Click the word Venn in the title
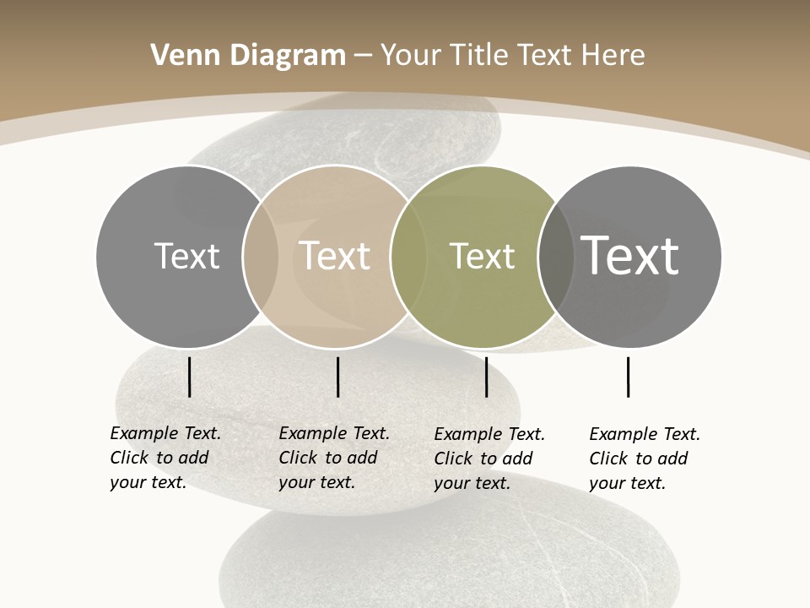(179, 56)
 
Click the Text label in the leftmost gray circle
(186, 256)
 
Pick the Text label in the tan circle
(334, 256)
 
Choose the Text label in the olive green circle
(482, 256)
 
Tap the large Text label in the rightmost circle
(629, 255)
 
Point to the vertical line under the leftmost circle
(189, 377)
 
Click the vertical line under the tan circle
(337, 377)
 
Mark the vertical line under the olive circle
(486, 377)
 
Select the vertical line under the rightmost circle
(628, 377)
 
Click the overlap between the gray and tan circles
(261, 256)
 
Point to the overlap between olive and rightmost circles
(553, 256)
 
